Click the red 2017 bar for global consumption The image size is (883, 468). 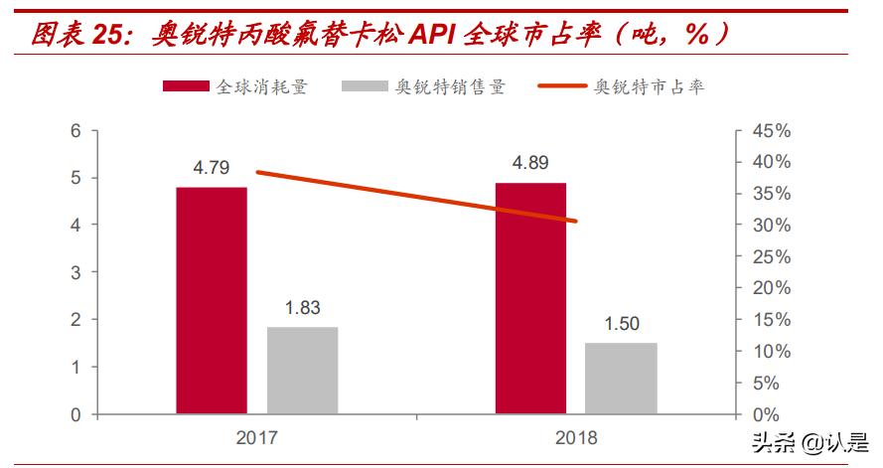(212, 300)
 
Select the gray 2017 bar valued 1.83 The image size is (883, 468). (302, 370)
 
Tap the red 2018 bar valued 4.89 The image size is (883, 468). (530, 298)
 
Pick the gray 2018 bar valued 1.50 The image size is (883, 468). (621, 378)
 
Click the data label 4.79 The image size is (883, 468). (212, 168)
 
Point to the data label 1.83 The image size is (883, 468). (302, 308)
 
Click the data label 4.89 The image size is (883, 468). (530, 163)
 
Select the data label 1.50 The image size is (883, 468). (621, 324)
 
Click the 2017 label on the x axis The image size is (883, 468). (256, 437)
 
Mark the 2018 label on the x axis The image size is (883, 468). (576, 437)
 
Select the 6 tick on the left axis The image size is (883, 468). (75, 131)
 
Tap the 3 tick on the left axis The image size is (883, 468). (75, 272)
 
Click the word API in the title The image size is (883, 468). (425, 34)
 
